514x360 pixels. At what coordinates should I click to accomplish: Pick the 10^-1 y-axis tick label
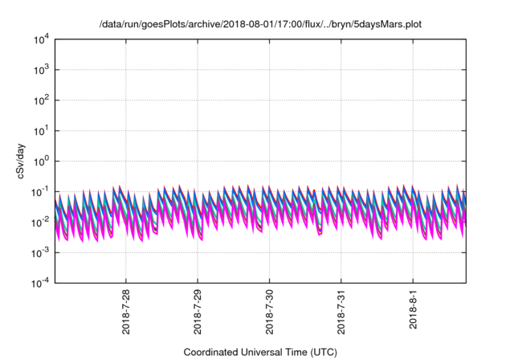(x=41, y=191)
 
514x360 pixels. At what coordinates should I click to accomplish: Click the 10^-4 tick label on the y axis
(x=41, y=282)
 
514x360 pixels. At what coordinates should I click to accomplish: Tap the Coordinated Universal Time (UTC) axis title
(x=260, y=352)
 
